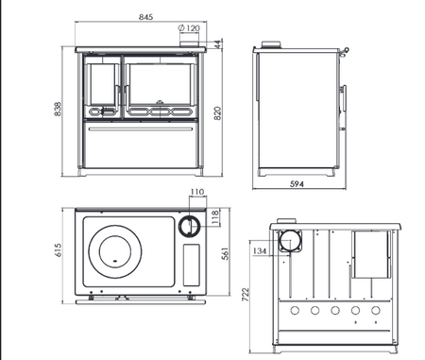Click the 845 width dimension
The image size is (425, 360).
145,17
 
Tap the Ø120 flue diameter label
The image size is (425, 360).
189,28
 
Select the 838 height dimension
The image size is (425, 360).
58,109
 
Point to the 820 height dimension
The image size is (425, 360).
217,113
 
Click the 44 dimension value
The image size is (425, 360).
218,44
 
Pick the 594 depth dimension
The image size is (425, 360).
297,184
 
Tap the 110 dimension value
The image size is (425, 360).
197,192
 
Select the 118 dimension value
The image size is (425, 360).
215,217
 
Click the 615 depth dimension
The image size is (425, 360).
59,249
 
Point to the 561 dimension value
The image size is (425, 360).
226,253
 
